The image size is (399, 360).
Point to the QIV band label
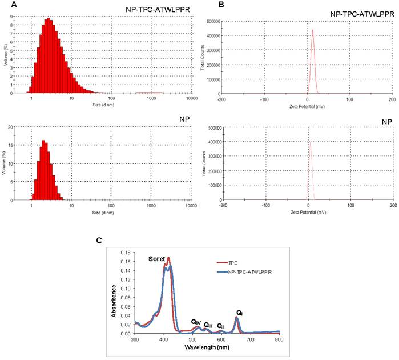pos(196,322)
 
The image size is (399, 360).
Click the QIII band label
pos(208,325)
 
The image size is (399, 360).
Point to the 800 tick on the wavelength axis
pos(279,340)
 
